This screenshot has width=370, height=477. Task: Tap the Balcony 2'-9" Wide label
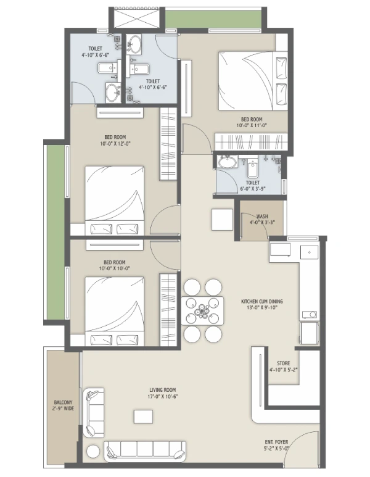64,405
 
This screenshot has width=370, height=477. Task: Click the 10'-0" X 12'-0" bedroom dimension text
115,144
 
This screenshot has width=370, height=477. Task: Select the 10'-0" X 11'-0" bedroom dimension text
252,125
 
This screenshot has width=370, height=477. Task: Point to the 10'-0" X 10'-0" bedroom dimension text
114,268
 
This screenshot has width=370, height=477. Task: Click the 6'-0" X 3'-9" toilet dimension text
253,189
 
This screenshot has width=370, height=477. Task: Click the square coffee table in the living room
143,417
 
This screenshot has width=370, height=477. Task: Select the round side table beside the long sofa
92,451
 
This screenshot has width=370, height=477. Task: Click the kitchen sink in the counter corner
309,252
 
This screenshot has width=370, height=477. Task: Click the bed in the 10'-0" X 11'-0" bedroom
253,81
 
